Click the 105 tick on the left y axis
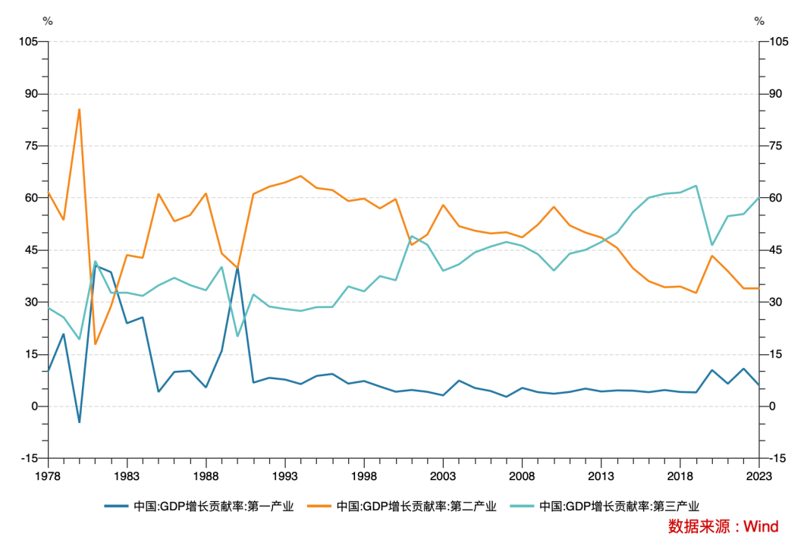click(28, 42)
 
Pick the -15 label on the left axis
click(30, 458)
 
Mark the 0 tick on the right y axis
click(773, 406)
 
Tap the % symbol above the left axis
click(48, 21)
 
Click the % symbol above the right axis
click(759, 21)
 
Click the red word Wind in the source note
click(761, 526)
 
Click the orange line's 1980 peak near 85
click(80, 109)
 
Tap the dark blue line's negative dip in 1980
click(80, 422)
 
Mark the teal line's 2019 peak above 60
click(696, 186)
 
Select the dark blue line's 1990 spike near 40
click(237, 268)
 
